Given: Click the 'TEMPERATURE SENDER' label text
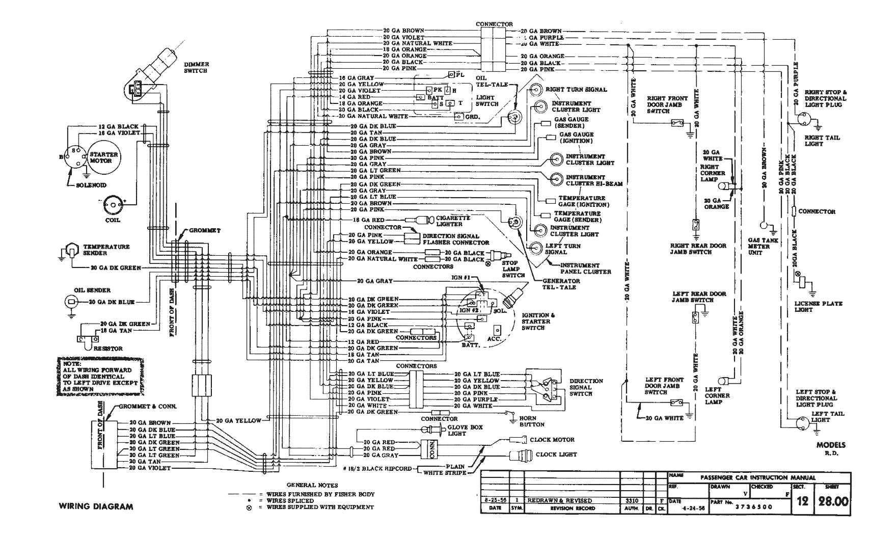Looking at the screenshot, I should pos(106,250).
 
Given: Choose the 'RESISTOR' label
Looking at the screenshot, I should pos(108,349).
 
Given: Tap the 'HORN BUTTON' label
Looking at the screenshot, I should pos(532,421).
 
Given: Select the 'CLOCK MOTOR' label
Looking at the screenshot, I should pos(552,440).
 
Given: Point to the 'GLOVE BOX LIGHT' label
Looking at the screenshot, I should pos(465,431).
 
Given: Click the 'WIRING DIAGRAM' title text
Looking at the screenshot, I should pos(96,506).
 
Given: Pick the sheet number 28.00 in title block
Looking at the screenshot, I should pos(833,502).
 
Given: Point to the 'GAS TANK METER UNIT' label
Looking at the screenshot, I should pos(763,246).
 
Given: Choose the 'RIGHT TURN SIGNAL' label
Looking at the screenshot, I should pos(576,90).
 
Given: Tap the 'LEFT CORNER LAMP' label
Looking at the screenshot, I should pos(717,395).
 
